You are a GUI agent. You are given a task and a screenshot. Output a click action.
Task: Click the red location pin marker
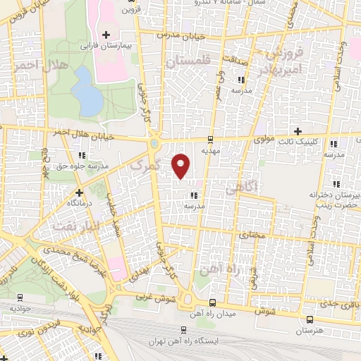[181, 164]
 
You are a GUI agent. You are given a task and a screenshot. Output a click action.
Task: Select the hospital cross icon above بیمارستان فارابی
[106, 34]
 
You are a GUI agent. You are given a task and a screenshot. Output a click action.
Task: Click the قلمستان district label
[190, 61]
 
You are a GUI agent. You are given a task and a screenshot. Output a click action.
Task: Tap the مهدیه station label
[212, 150]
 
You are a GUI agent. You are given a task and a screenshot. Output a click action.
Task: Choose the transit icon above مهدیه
[212, 139]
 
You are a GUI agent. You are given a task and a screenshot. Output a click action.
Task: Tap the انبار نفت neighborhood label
[71, 226]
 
